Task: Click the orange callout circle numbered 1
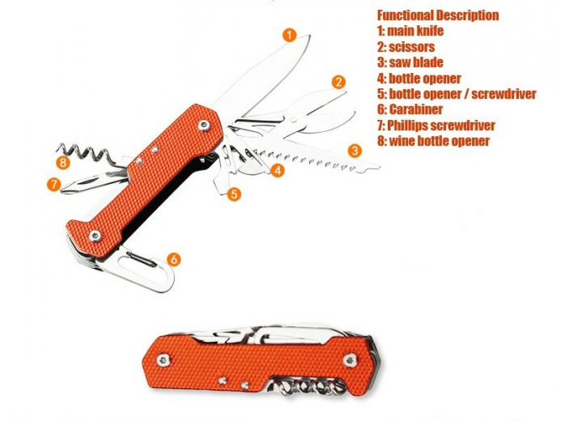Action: click(x=290, y=35)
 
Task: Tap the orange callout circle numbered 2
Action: click(x=338, y=83)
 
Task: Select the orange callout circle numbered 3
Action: click(x=355, y=151)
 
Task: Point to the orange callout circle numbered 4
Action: click(x=278, y=170)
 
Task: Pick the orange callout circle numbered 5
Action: click(x=234, y=194)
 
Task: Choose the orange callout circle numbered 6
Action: click(x=174, y=259)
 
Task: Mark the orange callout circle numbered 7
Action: click(x=53, y=185)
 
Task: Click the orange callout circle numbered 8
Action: click(x=63, y=163)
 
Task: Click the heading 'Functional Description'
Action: click(x=438, y=15)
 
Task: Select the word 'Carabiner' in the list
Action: click(x=416, y=109)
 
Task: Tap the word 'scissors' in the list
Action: click(x=412, y=47)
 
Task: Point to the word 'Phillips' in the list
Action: click(x=407, y=125)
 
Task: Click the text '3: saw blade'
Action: click(x=410, y=62)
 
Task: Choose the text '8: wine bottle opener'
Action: click(x=433, y=141)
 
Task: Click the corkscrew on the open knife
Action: click(x=86, y=154)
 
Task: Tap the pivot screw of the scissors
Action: click(x=295, y=120)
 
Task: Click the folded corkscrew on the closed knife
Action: click(x=308, y=387)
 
